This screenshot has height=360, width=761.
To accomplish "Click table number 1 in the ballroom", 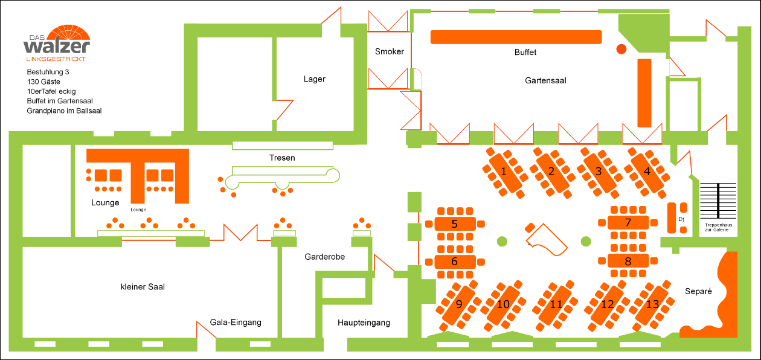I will click(504, 172).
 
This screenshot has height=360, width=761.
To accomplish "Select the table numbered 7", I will click(628, 222).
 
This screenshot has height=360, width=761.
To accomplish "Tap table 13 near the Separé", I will click(652, 304).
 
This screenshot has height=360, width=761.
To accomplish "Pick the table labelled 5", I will click(455, 223).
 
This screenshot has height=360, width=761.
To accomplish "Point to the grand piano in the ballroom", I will click(547, 240).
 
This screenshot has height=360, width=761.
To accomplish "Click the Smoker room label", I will click(389, 51).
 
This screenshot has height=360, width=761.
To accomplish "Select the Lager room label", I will click(315, 79).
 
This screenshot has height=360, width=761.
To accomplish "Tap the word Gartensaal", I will click(545, 80).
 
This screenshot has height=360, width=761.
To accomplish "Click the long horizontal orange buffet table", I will click(516, 37).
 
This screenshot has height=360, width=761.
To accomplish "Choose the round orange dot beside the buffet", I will click(621, 49).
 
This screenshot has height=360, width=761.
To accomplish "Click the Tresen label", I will click(282, 158).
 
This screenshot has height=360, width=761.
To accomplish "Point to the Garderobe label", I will click(324, 257).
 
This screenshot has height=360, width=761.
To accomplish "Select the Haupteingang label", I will click(364, 323).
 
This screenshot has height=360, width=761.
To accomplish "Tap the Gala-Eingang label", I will click(236, 322).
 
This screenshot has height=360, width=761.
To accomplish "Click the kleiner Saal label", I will click(143, 286).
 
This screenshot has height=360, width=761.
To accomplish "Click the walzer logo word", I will click(56, 47).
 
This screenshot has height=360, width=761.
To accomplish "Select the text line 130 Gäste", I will click(43, 82).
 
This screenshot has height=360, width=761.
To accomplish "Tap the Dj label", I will click(681, 219).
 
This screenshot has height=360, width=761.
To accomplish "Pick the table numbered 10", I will click(503, 304).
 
